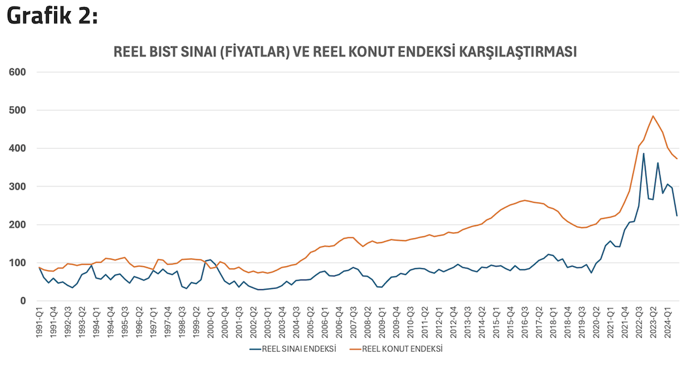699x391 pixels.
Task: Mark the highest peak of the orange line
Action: pyautogui.click(x=653, y=116)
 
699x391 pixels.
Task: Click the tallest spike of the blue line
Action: pyautogui.click(x=644, y=154)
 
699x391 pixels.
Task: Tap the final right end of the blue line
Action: pyautogui.click(x=677, y=216)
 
